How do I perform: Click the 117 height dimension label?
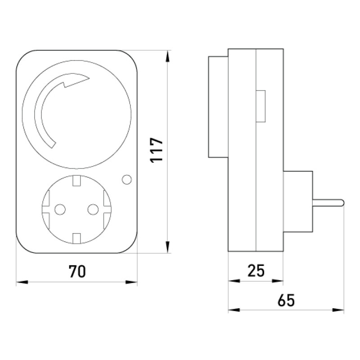tap(157, 150)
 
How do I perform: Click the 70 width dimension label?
tap(77, 271)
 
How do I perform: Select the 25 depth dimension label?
tap(256, 270)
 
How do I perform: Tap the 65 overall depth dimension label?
tap(286, 300)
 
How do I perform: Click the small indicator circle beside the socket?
tap(127, 180)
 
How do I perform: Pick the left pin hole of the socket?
tap(60, 209)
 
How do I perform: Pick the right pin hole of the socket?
tap(93, 209)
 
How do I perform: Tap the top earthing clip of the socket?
tap(76, 180)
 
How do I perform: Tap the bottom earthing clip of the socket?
tap(76, 238)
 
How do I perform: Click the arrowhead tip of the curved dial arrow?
tap(89, 78)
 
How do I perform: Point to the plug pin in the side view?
tap(328, 202)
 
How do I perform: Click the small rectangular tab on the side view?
tap(261, 106)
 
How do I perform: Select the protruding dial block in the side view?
tap(218, 107)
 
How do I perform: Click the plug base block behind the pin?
tap(298, 202)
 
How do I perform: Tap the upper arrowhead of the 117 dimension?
tap(168, 57)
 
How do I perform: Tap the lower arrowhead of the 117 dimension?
tap(168, 247)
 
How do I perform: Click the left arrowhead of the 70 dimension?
tap(22, 282)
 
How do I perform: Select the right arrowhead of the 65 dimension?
tap(338, 310)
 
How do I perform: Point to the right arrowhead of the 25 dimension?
tap(277, 281)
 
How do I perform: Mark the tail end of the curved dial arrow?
tap(53, 145)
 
